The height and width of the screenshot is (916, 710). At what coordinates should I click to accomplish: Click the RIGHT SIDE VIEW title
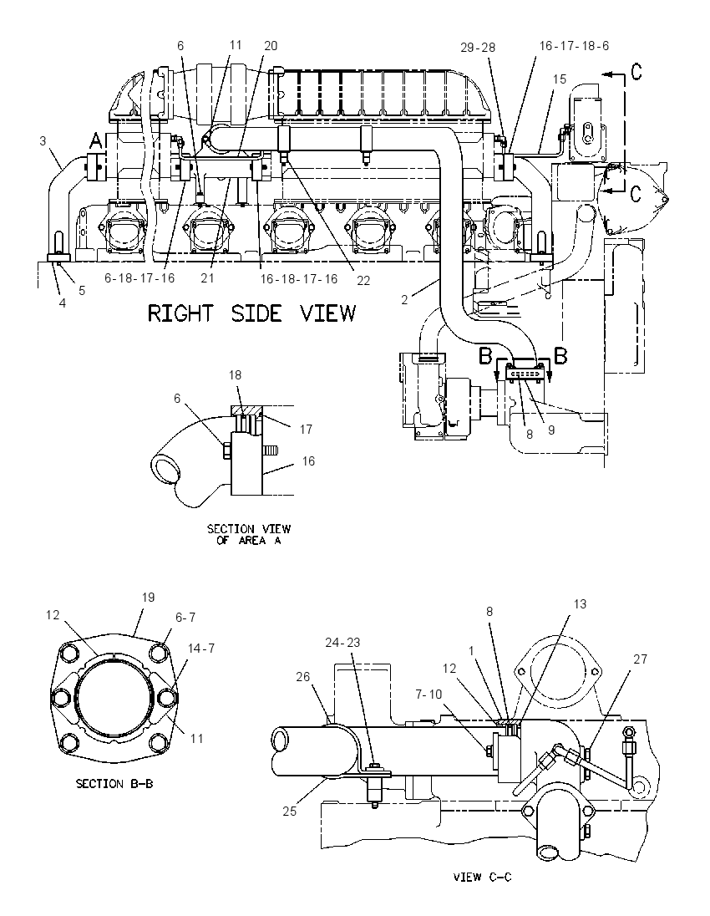tap(251, 313)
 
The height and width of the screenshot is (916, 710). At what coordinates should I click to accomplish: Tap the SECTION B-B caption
tap(114, 783)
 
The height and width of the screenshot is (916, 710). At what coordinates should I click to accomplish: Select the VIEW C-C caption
tap(482, 877)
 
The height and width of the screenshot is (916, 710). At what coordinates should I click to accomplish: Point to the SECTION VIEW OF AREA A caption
tap(249, 535)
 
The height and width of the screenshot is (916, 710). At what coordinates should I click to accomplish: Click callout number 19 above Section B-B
tap(149, 597)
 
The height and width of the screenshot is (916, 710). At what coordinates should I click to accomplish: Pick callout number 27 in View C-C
tap(641, 659)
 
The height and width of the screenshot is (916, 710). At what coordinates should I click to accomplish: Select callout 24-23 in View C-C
tap(342, 642)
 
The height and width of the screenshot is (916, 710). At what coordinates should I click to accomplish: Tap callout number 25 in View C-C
tap(290, 811)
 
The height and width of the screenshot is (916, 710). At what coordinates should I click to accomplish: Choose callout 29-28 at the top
tap(478, 48)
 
